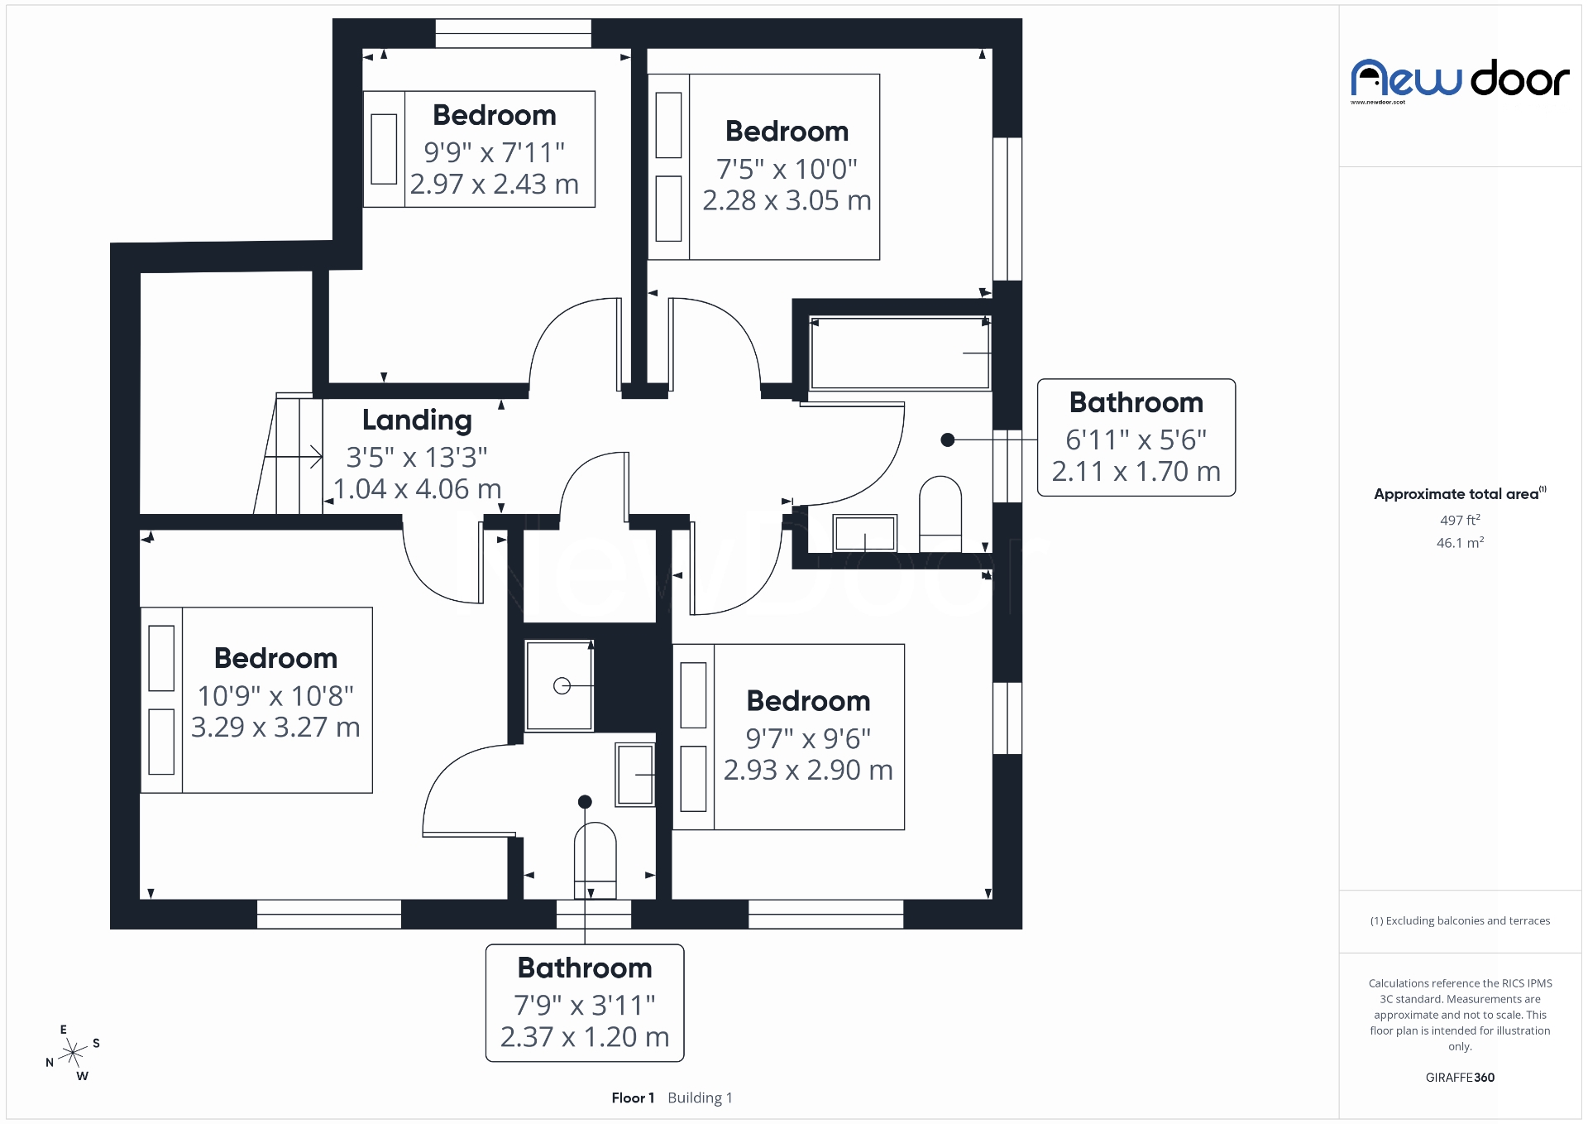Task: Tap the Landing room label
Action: point(417,420)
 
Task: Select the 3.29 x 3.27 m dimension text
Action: point(275,728)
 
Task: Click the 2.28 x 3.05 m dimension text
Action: point(787,200)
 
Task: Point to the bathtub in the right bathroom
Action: point(900,353)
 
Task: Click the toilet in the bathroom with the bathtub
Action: point(940,513)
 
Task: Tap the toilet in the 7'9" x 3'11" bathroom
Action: point(595,857)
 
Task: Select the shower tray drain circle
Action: point(562,685)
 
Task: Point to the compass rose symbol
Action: point(74,1054)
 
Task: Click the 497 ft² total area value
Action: point(1460,520)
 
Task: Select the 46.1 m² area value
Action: point(1460,543)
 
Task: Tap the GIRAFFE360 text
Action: point(1460,1077)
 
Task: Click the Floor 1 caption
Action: point(633,1098)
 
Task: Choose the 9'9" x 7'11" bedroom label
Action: point(494,115)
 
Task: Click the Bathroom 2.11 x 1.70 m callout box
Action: point(1136,438)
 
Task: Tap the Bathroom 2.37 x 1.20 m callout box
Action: point(585,1002)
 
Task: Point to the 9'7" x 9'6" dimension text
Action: point(808,738)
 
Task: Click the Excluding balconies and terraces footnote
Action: point(1460,920)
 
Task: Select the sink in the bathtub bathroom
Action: point(864,533)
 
